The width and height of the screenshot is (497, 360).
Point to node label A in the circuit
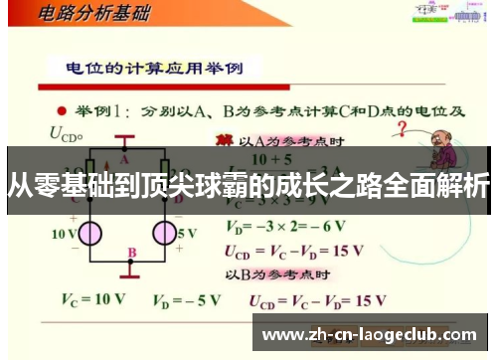point(125,157)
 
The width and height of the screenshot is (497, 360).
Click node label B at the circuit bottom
point(132,254)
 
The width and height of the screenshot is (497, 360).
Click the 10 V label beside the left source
point(64,234)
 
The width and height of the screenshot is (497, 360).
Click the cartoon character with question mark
point(435,149)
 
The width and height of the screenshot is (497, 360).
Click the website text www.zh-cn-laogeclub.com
point(369,335)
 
